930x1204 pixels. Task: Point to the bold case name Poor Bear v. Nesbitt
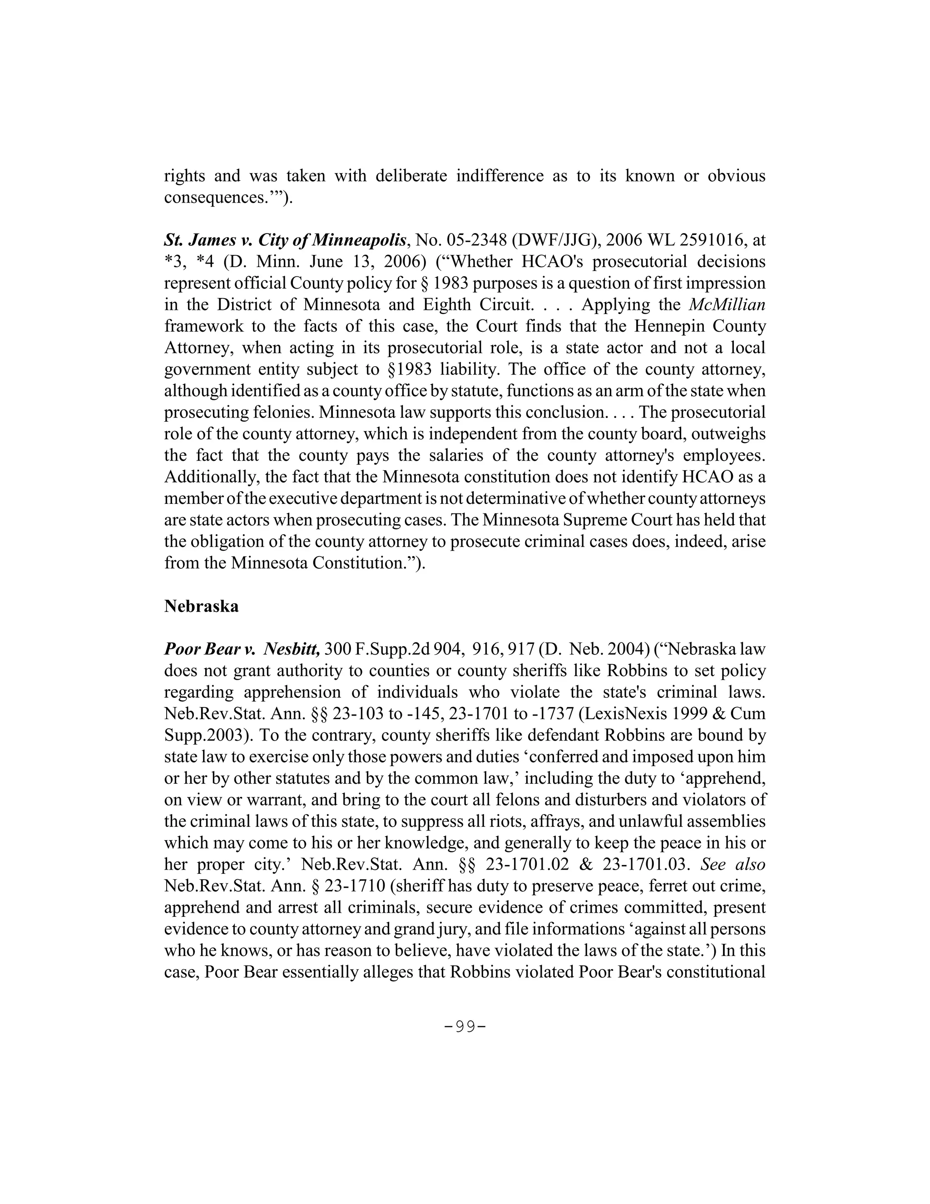[x=242, y=649]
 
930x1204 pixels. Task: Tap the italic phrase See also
[x=733, y=865]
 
